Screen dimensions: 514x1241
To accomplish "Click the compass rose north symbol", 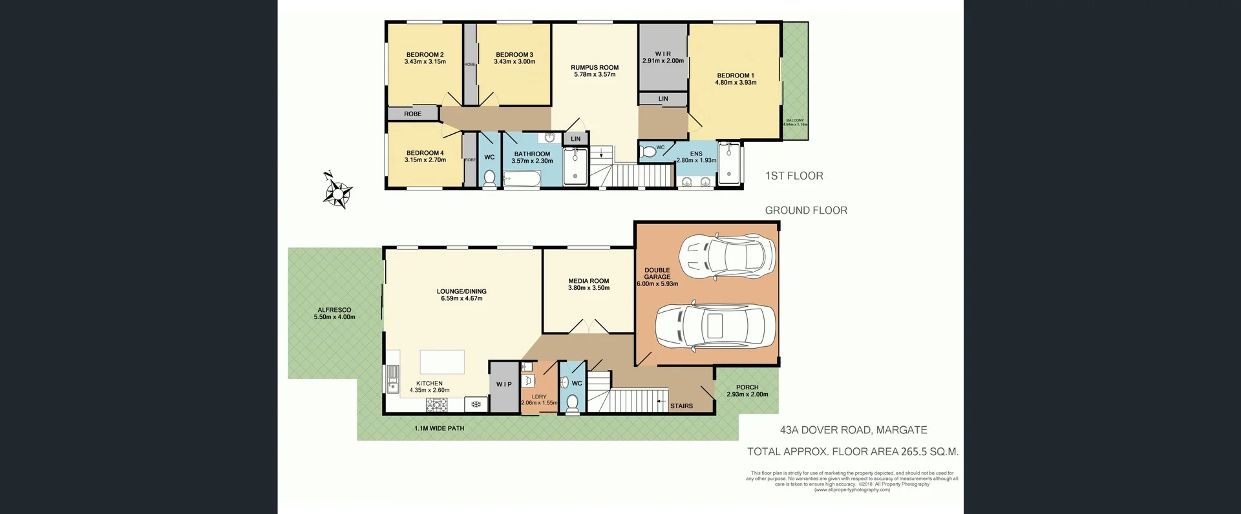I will [x=337, y=191].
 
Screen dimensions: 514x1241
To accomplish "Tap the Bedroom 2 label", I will [x=425, y=55].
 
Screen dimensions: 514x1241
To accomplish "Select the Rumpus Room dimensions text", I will [x=595, y=75].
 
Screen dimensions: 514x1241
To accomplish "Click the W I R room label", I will [x=663, y=54].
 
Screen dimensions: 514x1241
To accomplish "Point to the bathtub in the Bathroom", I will [x=521, y=179].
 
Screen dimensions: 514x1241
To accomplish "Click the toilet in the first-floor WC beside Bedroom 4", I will [x=489, y=178].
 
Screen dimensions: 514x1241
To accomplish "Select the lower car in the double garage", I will [x=715, y=325].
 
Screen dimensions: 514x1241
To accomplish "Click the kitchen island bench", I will [x=442, y=362].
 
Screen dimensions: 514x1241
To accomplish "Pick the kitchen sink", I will [x=392, y=379].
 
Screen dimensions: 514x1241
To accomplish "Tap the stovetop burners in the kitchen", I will [x=437, y=405].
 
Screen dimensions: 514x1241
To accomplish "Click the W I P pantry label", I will [x=504, y=384].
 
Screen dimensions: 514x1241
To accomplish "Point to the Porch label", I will [x=747, y=387].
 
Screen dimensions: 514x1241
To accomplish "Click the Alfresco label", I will [x=334, y=310].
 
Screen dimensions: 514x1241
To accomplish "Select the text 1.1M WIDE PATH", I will [x=439, y=428].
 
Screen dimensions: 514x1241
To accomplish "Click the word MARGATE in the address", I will [x=902, y=430].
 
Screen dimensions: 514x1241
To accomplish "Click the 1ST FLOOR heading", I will [x=794, y=176].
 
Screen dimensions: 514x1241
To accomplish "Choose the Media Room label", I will [x=588, y=281].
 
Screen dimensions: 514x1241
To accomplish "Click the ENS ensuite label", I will [x=695, y=154].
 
